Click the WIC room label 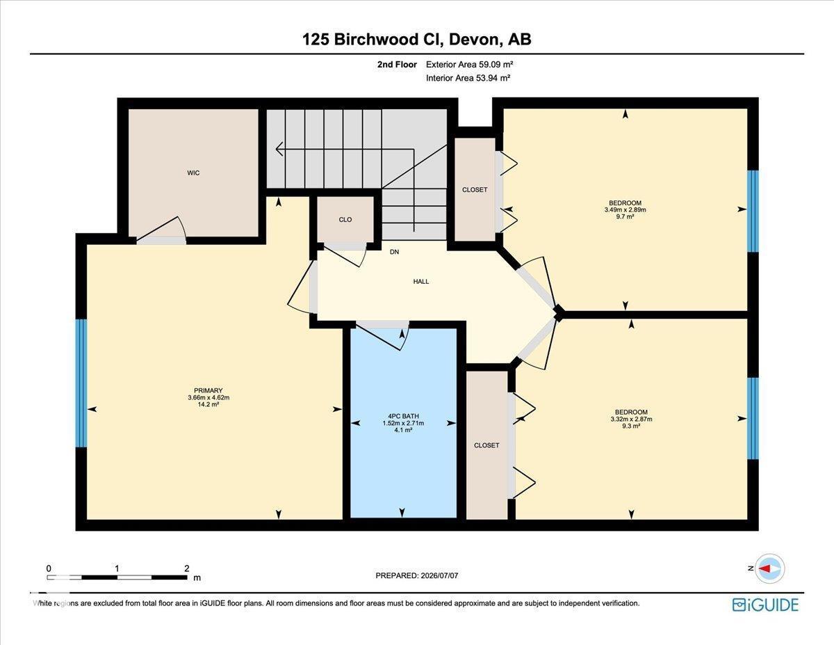pyautogui.click(x=193, y=173)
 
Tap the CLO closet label pyautogui.click(x=345, y=220)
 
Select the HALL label pyautogui.click(x=421, y=282)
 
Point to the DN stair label pyautogui.click(x=394, y=252)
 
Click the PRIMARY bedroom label pyautogui.click(x=208, y=391)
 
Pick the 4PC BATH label pyautogui.click(x=403, y=416)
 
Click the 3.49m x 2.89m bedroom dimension pyautogui.click(x=625, y=209)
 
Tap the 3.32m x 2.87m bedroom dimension pyautogui.click(x=631, y=419)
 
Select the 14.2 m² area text pyautogui.click(x=208, y=404)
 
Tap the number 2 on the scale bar pyautogui.click(x=187, y=568)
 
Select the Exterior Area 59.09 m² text pyautogui.click(x=469, y=65)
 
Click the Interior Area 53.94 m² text pyautogui.click(x=468, y=78)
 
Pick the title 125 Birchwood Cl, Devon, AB pyautogui.click(x=417, y=40)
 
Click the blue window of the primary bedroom pyautogui.click(x=81, y=383)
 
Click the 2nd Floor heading pyautogui.click(x=397, y=65)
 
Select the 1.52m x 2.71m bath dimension pyautogui.click(x=403, y=423)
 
